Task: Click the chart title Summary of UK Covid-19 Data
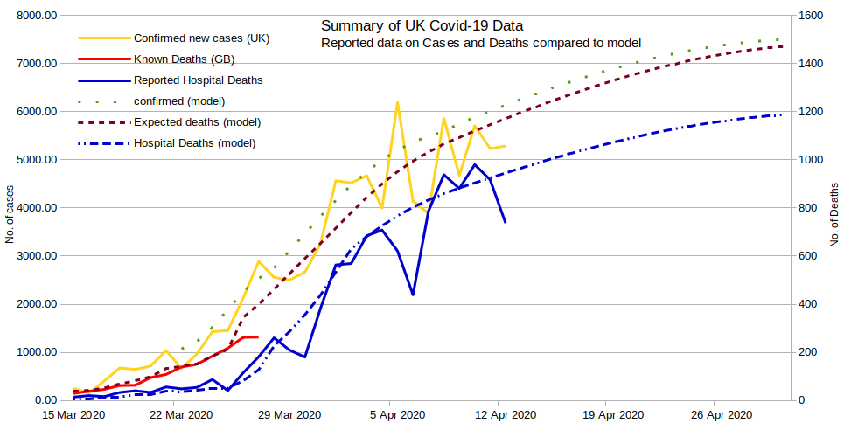pyautogui.click(x=422, y=25)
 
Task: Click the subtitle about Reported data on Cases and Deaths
pyautogui.click(x=481, y=43)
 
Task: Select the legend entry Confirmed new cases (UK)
pyautogui.click(x=201, y=38)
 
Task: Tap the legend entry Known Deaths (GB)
pyautogui.click(x=184, y=59)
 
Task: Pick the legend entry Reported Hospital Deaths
pyautogui.click(x=199, y=80)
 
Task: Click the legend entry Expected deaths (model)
pyautogui.click(x=197, y=121)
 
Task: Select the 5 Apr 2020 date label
pyautogui.click(x=397, y=415)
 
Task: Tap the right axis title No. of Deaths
pyautogui.click(x=834, y=209)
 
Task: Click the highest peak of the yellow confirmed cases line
pyautogui.click(x=397, y=102)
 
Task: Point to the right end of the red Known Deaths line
pyautogui.click(x=257, y=336)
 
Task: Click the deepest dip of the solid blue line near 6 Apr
pyautogui.click(x=413, y=295)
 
